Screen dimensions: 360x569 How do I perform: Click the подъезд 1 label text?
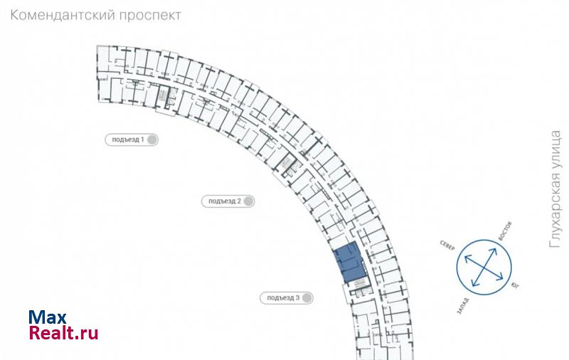coord(128,139)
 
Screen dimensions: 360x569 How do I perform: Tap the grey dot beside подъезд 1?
coord(151,139)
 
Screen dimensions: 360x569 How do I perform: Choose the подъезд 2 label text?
coord(225,201)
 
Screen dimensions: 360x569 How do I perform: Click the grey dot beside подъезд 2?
coord(248,201)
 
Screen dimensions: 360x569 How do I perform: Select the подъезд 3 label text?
coord(283,297)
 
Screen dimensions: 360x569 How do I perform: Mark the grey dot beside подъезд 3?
coord(307,297)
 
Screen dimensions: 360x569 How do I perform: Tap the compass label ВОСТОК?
coord(506,228)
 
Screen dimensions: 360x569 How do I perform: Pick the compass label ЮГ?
coord(514,285)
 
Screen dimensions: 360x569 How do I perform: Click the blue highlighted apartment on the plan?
coord(349,263)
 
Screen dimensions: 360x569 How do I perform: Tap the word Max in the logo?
coord(48,317)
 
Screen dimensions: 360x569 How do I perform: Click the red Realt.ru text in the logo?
coord(63,332)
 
